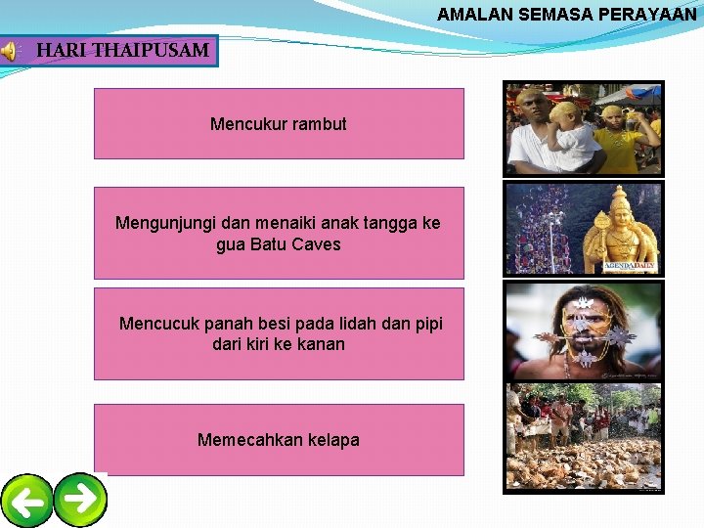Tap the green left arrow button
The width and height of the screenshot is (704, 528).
26,502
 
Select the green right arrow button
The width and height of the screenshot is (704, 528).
80,499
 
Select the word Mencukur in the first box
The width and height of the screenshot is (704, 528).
244,124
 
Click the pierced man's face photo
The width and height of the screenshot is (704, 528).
584,330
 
